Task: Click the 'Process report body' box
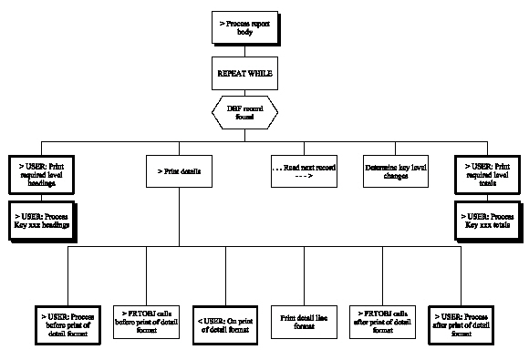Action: (x=243, y=27)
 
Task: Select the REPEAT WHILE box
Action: (x=243, y=72)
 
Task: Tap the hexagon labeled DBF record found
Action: (x=243, y=111)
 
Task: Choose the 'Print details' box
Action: (x=179, y=172)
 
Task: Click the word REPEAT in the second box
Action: (x=229, y=72)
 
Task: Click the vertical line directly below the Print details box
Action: (x=179, y=219)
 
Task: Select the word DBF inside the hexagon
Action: (x=234, y=107)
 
